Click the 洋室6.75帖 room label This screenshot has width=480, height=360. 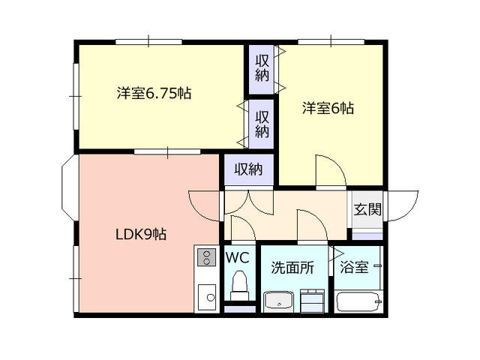(153, 94)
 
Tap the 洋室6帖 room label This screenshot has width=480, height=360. (328, 108)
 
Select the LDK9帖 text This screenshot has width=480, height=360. (140, 234)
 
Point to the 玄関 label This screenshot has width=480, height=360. (367, 208)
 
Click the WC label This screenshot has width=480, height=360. (238, 257)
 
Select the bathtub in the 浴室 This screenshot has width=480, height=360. (359, 301)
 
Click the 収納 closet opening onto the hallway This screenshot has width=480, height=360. (248, 169)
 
